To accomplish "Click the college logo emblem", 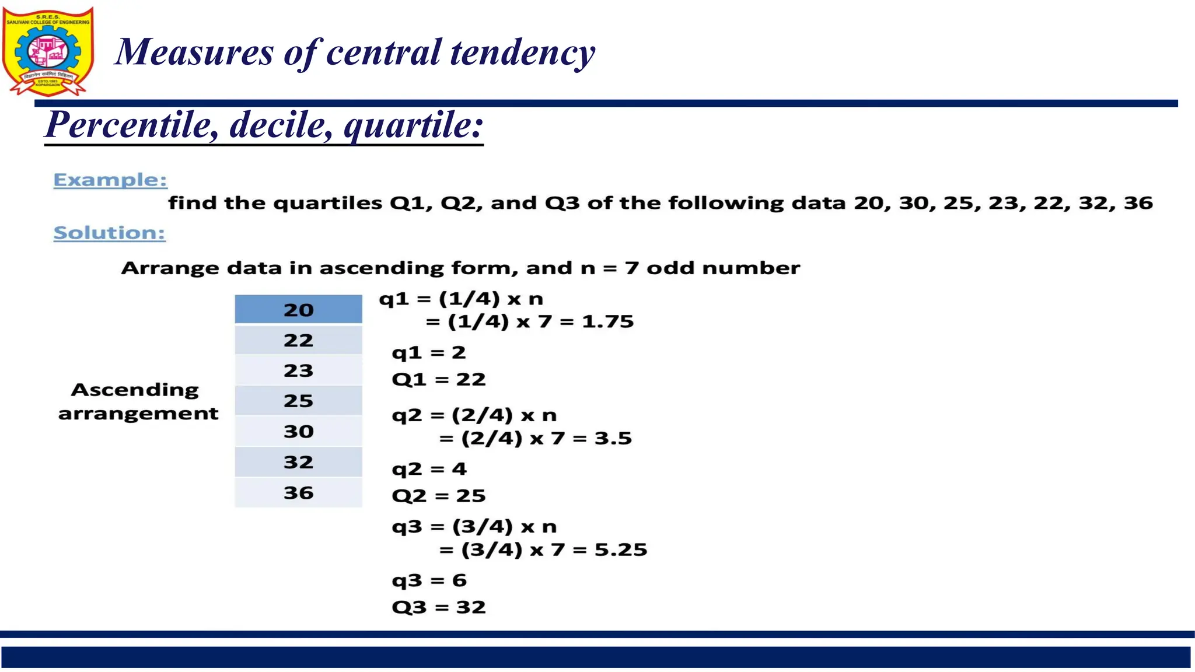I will pos(48,51).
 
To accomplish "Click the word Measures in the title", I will pos(194,52).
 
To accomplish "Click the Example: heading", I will pos(110,180).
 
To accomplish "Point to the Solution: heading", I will pos(109,233).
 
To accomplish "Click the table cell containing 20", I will pos(298,310).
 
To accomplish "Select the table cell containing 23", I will pos(298,370).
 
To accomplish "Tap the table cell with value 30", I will pos(298,431).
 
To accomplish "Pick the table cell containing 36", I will pos(298,493).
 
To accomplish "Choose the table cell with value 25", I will pos(298,401).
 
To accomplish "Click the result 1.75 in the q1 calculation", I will pos(607,321).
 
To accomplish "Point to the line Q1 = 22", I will pos(438,380).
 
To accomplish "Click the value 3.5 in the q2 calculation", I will pos(613,438).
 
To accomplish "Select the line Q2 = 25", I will pos(438,496).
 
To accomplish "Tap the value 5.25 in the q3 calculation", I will pos(620,549).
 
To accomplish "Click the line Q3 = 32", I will pos(438,607).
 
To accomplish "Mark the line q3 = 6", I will pos(429,580).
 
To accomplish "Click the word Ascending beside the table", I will pos(135,390).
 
